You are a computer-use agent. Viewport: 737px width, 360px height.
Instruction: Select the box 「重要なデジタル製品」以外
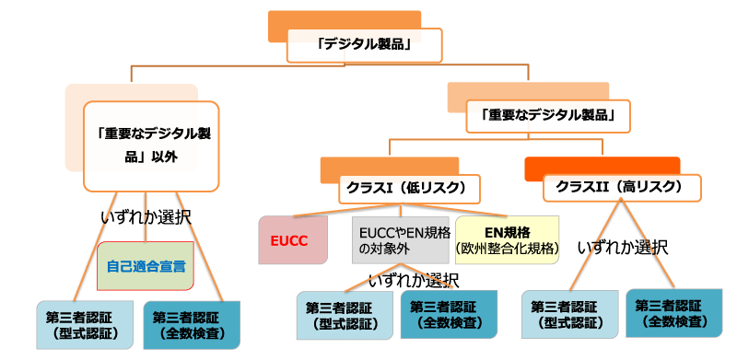pyautogui.click(x=150, y=144)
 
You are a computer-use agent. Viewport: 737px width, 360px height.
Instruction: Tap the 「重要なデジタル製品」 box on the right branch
pyautogui.click(x=548, y=116)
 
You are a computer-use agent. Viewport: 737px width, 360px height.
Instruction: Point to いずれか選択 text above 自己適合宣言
pyautogui.click(x=146, y=217)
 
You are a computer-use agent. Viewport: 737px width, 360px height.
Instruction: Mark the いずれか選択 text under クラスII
pyautogui.click(x=623, y=248)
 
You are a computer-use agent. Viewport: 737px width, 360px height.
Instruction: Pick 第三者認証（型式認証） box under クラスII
pyautogui.click(x=567, y=315)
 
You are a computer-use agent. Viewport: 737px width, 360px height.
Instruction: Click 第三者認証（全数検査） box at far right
pyautogui.click(x=673, y=313)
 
